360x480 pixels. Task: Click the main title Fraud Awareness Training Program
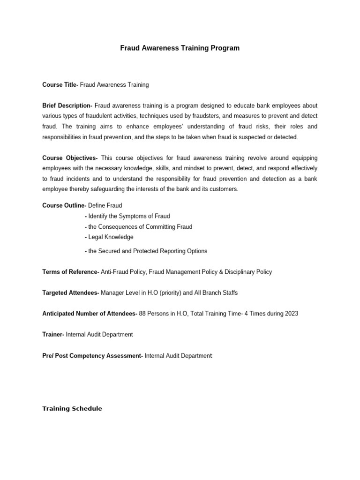pyautogui.click(x=180, y=48)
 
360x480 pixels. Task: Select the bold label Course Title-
pyautogui.click(x=60, y=85)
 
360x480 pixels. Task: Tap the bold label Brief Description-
pyautogui.click(x=67, y=106)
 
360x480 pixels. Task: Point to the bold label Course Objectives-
pyautogui.click(x=70, y=158)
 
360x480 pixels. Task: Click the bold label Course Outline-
pyautogui.click(x=64, y=206)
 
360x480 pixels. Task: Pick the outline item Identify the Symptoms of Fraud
pyautogui.click(x=129, y=216)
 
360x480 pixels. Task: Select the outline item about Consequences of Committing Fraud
pyautogui.click(x=140, y=227)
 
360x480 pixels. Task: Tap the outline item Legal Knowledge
pyautogui.click(x=111, y=237)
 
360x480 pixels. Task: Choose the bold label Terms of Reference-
pyautogui.click(x=70, y=272)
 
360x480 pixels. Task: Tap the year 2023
pyautogui.click(x=291, y=314)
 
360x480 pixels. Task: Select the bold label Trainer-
pyautogui.click(x=53, y=335)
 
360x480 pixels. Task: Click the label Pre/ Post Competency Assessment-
pyautogui.click(x=92, y=356)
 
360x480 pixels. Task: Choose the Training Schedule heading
pyautogui.click(x=72, y=409)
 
